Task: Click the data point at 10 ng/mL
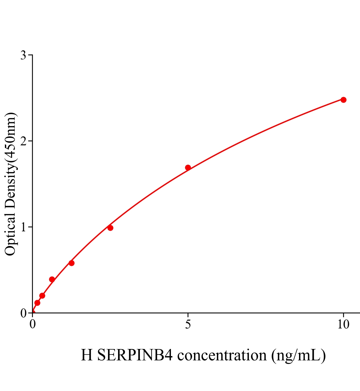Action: pyautogui.click(x=343, y=100)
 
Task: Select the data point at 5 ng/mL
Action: pyautogui.click(x=188, y=167)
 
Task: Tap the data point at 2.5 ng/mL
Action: pyautogui.click(x=110, y=228)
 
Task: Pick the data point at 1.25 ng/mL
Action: pyautogui.click(x=71, y=263)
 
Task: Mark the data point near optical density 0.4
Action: pyautogui.click(x=52, y=279)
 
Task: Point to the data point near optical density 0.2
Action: pyautogui.click(x=42, y=296)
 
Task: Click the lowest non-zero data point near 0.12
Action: pyautogui.click(x=37, y=303)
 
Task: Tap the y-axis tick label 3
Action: pyautogui.click(x=23, y=55)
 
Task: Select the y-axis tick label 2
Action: pyautogui.click(x=23, y=141)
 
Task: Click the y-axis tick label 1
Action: pyautogui.click(x=23, y=227)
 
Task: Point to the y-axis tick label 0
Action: pyautogui.click(x=23, y=313)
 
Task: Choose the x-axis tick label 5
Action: pyautogui.click(x=188, y=325)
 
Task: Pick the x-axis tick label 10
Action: pyautogui.click(x=343, y=325)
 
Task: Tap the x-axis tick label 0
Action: pyautogui.click(x=33, y=325)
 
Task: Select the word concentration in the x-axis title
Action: pyautogui.click(x=222, y=355)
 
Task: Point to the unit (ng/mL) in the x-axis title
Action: pyautogui.click(x=298, y=355)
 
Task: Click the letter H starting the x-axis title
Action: pyautogui.click(x=87, y=355)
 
